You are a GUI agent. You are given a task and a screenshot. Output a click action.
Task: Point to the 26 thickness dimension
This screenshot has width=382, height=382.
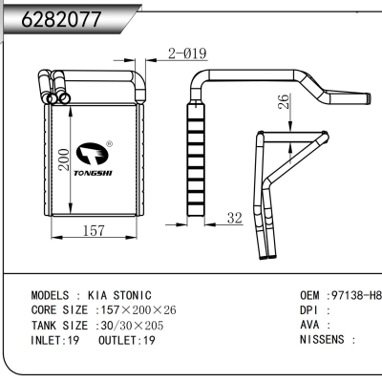(x=283, y=102)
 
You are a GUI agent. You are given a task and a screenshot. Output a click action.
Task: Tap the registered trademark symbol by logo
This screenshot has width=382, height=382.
(x=109, y=146)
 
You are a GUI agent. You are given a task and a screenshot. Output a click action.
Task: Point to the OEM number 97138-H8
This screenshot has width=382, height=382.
(x=354, y=296)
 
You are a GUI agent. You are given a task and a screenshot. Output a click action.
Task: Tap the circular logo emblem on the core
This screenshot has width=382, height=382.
(x=93, y=153)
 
